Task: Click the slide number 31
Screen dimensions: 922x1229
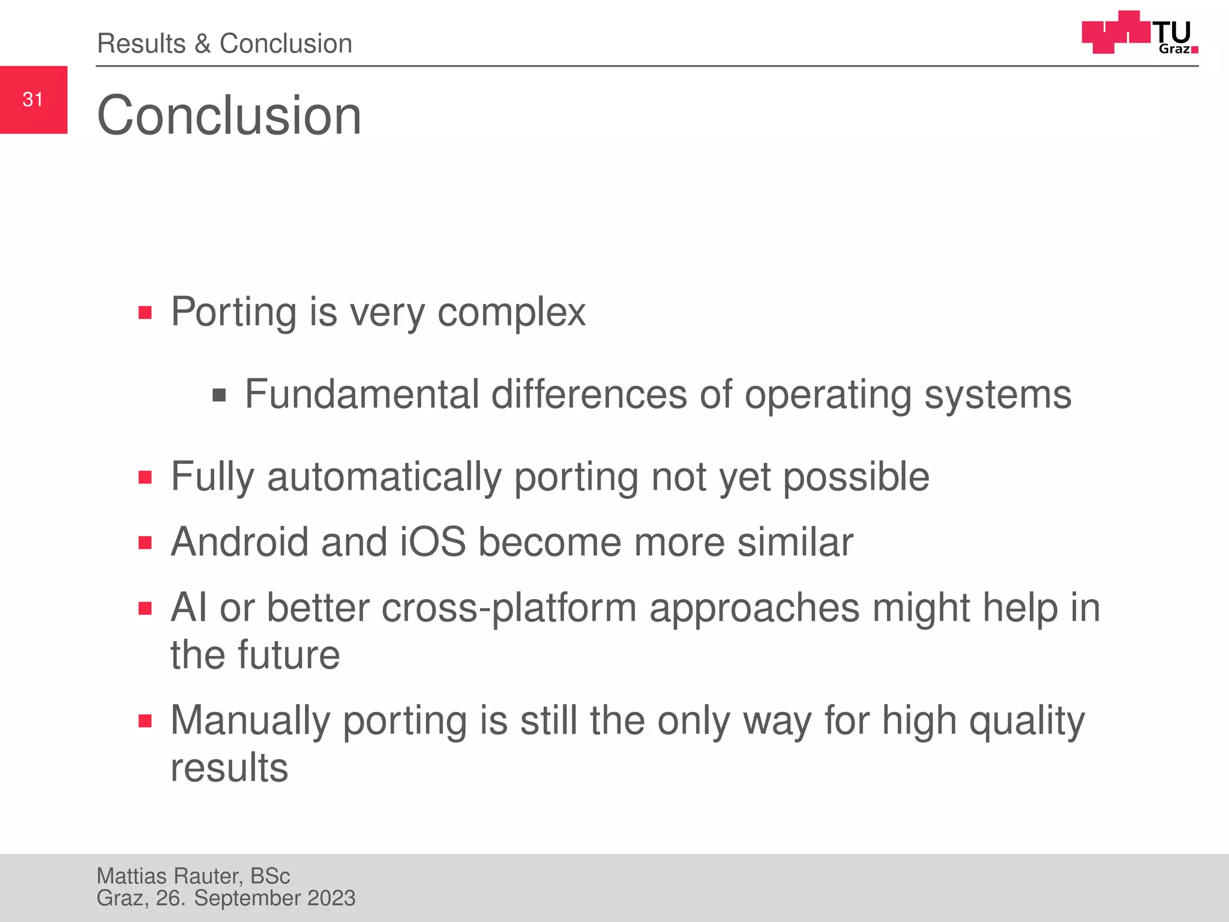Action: (33, 100)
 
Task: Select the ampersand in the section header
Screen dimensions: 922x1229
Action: (202, 44)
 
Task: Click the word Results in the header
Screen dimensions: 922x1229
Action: (142, 44)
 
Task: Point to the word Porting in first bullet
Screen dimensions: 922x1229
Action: (233, 313)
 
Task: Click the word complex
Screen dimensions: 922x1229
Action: (511, 313)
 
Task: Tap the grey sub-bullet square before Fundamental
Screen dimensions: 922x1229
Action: (219, 396)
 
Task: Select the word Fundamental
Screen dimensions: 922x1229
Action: (362, 395)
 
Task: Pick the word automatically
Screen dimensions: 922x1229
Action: (384, 478)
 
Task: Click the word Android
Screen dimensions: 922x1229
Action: (240, 542)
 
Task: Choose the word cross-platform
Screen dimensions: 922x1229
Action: (509, 609)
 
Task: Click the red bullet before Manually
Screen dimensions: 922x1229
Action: (145, 721)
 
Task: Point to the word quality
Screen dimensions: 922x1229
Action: (1027, 722)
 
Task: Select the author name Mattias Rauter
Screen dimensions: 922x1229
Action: (170, 876)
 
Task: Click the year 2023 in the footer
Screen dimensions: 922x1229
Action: (331, 899)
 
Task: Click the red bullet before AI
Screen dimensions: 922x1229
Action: (145, 609)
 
